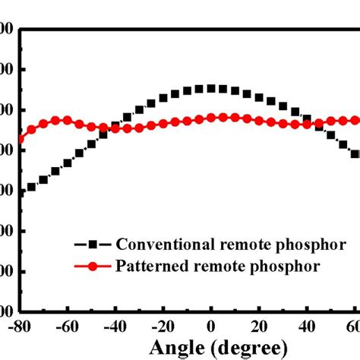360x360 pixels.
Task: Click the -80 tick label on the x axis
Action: (22, 325)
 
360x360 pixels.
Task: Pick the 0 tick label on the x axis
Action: (211, 325)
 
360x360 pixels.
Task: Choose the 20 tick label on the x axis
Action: (259, 325)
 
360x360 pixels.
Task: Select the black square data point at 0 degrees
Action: (211, 88)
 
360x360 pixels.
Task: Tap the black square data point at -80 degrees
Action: (21, 193)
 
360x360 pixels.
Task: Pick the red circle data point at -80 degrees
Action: (21, 139)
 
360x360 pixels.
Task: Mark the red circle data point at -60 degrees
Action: (68, 120)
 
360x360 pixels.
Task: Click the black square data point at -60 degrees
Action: (68, 163)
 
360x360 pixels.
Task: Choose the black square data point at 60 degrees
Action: (355, 153)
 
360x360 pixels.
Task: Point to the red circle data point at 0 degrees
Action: (211, 118)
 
